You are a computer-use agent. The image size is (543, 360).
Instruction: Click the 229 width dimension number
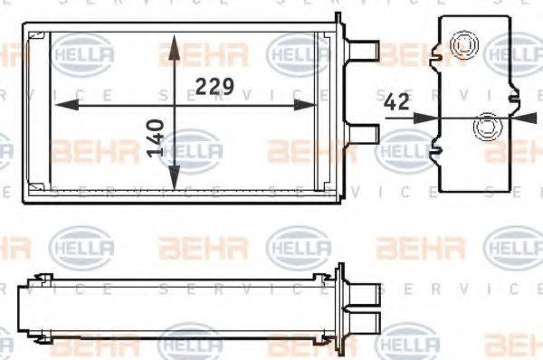pos(215,87)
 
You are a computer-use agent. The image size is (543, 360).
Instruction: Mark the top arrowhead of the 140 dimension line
pos(172,42)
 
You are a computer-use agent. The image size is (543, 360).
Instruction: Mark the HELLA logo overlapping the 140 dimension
pos(190,147)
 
